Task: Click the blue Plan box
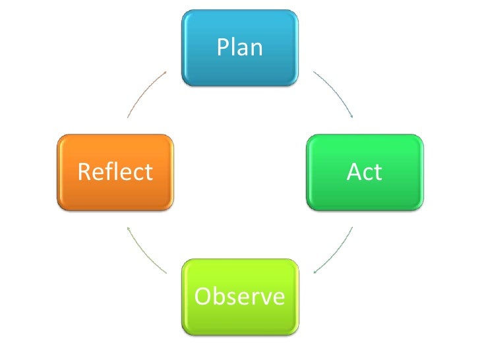point(240,47)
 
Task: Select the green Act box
point(365,173)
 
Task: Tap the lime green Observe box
point(240,297)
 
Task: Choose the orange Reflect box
point(115,173)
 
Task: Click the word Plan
point(240,47)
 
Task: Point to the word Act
point(365,172)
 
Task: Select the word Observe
point(240,297)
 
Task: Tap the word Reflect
point(115,172)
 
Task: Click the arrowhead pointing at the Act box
point(352,116)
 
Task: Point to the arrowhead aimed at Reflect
point(129,228)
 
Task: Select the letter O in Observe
point(204,297)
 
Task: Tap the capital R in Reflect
point(84,172)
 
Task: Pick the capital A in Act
point(353,172)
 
